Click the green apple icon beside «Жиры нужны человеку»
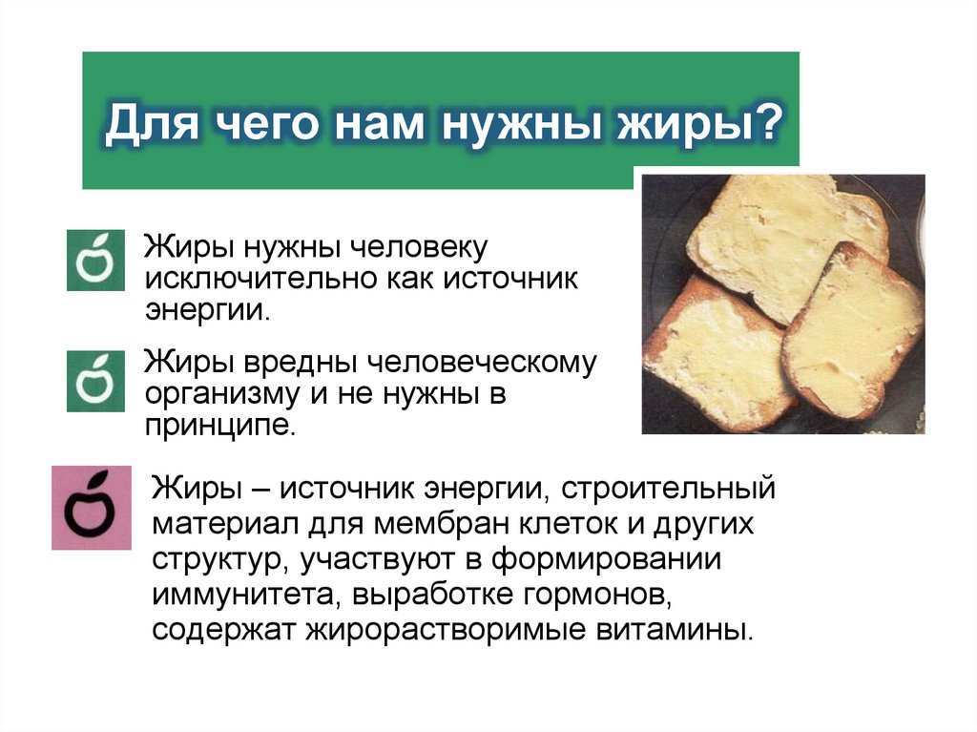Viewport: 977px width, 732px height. (95, 259)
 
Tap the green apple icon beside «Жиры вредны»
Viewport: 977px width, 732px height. (95, 381)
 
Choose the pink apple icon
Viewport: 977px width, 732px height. (92, 508)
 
